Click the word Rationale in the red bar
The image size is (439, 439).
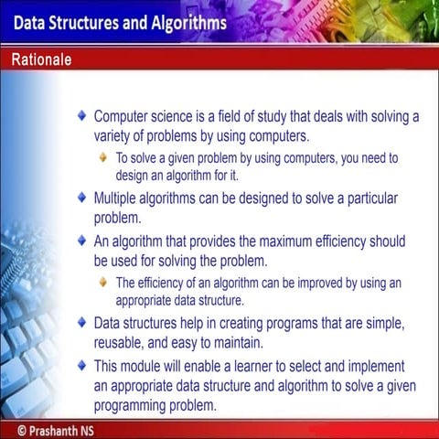[42, 60]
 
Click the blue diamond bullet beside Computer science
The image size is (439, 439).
[83, 117]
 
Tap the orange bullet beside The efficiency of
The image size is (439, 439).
[104, 283]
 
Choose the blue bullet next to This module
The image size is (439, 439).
[83, 364]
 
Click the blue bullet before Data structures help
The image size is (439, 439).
[83, 323]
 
